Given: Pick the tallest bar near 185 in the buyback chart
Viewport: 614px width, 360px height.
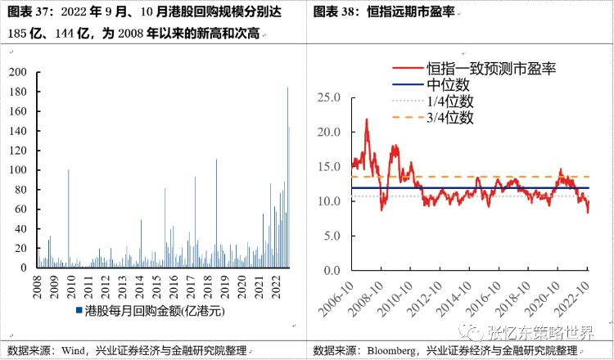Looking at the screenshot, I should [x=287, y=88].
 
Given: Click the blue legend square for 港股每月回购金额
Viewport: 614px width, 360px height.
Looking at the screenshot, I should [x=79, y=311].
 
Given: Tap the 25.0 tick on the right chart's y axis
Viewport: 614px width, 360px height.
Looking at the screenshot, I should [x=328, y=97].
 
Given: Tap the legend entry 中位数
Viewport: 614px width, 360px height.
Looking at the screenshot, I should [x=447, y=84].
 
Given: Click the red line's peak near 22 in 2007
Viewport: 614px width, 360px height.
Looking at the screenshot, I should [x=366, y=119].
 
